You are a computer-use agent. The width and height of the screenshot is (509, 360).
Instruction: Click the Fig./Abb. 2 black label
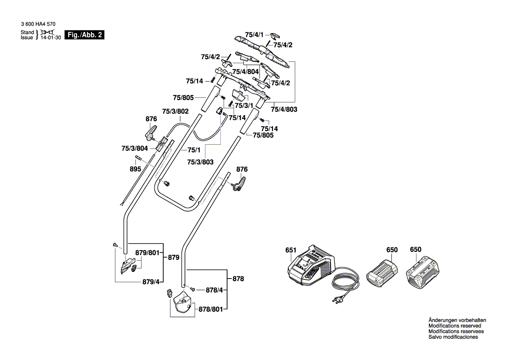coord(84,35)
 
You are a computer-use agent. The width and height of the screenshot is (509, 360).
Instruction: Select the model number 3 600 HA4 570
coord(38,25)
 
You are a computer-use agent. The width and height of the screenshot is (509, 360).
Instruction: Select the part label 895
coord(135,169)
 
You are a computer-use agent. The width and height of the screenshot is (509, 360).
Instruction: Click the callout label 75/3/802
coord(175,112)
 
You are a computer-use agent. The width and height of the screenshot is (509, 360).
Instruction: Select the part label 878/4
coord(214,290)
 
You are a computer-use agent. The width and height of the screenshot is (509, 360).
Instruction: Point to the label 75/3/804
coord(135,149)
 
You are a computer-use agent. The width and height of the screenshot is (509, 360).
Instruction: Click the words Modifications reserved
coord(455,326)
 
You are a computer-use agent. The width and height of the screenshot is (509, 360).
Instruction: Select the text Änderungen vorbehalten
coord(457,320)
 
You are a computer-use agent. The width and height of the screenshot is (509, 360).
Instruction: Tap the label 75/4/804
coord(246,71)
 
